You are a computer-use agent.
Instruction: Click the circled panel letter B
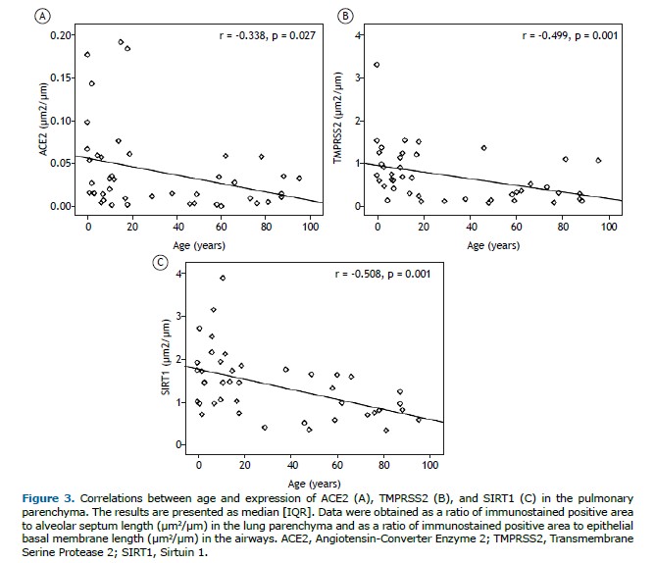click(x=344, y=16)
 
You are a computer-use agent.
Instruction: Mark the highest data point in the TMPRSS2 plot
click(x=377, y=65)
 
